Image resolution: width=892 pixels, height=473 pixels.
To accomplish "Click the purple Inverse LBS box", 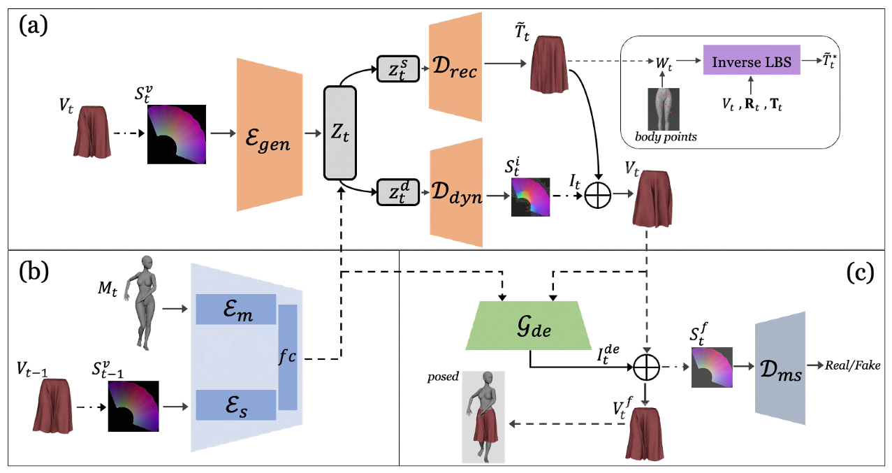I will click(x=752, y=62).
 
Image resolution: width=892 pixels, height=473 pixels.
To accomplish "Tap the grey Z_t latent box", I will click(x=340, y=133).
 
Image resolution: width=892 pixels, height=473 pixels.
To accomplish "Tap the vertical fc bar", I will click(x=287, y=357).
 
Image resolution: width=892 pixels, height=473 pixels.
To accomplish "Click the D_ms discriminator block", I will click(x=780, y=368).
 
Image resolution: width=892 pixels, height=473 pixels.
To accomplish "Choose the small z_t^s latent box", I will click(x=397, y=68).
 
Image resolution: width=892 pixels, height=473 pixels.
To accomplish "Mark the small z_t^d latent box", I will click(x=397, y=192).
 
